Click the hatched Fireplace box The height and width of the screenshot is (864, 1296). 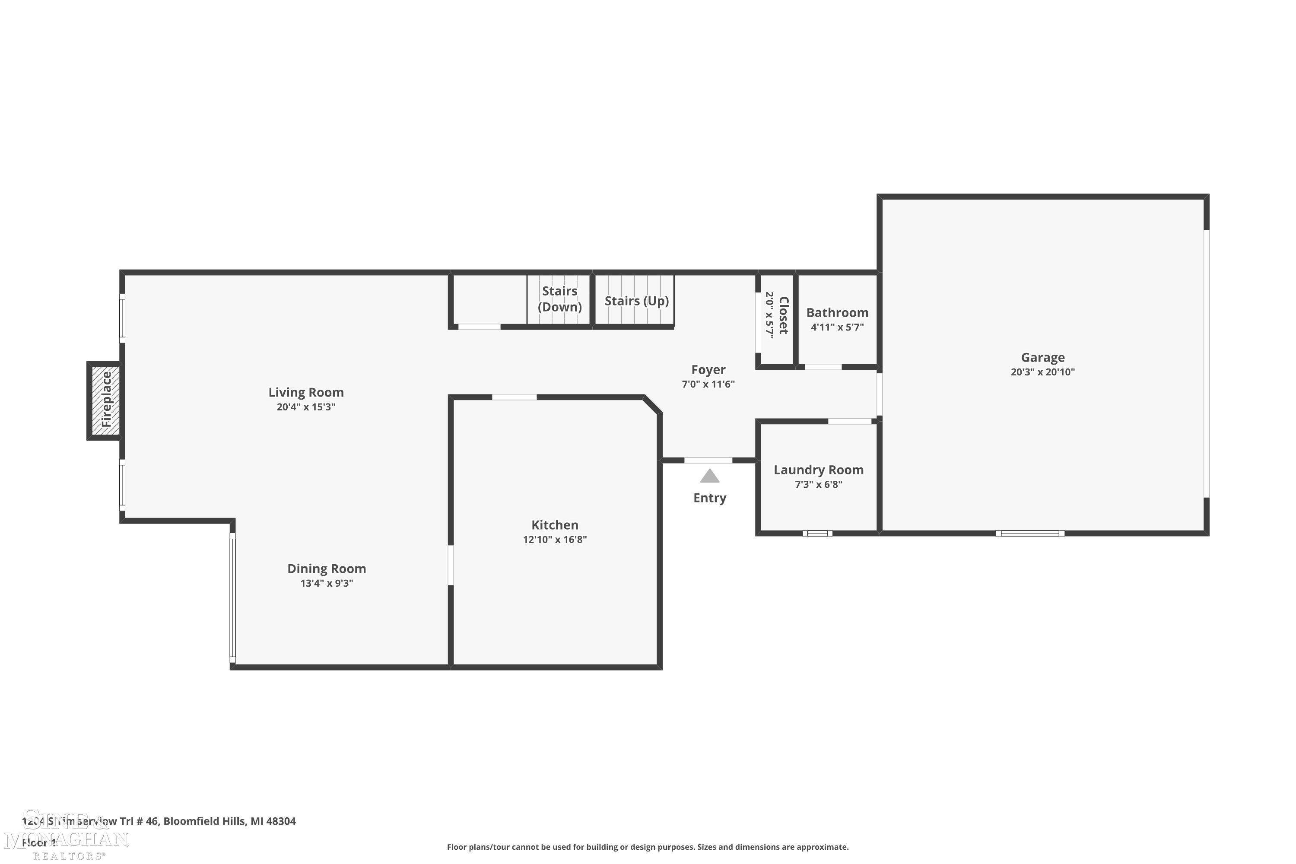(105, 400)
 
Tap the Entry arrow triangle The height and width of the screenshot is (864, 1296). (709, 476)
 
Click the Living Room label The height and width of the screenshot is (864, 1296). (306, 392)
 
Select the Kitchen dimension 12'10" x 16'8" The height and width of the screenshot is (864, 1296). (554, 540)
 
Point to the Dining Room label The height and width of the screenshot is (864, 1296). (326, 569)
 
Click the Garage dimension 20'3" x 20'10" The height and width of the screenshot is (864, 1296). (1042, 372)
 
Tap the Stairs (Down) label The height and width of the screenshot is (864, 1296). (559, 299)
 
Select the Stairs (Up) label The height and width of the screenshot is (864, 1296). (636, 301)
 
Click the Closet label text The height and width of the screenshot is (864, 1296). (783, 315)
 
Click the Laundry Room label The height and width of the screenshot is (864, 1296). (818, 470)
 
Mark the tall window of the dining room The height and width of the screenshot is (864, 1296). (232, 598)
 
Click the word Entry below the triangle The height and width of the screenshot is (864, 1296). (709, 498)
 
